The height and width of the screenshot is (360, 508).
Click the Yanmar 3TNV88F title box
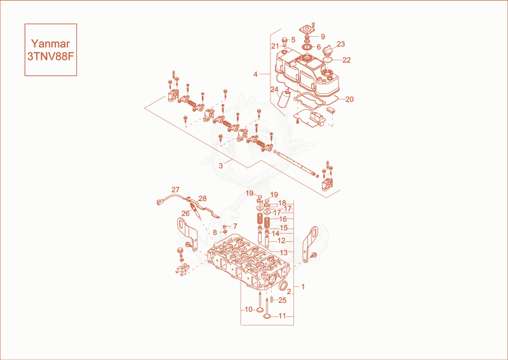coord(51,50)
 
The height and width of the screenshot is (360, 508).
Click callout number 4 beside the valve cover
coord(255,74)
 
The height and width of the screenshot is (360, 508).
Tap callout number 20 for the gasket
coord(350,99)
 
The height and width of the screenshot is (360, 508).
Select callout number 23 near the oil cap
coord(341,44)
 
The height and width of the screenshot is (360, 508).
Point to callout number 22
coord(347,60)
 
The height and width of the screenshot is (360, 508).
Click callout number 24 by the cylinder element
coord(274,89)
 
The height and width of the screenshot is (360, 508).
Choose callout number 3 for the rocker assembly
coord(220,166)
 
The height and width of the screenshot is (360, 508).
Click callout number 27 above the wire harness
coord(175,190)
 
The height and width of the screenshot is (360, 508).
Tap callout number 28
coord(203,199)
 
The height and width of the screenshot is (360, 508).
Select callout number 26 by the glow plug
coord(185,213)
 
